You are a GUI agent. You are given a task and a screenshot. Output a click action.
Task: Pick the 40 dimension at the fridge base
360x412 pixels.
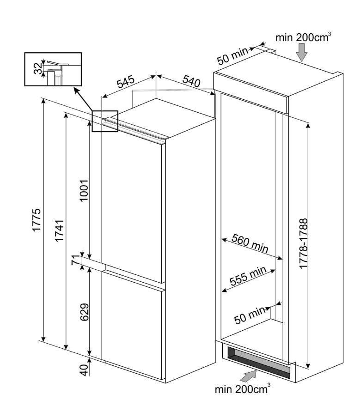(x=84, y=370)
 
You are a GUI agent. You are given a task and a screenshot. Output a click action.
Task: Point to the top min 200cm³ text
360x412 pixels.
(x=303, y=37)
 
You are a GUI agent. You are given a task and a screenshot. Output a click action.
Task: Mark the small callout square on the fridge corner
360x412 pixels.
(x=105, y=121)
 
